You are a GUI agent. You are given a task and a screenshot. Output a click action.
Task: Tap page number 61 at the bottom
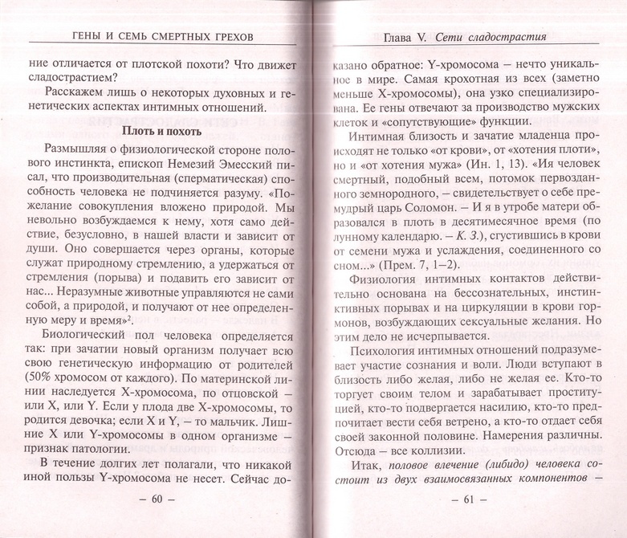pyautogui.click(x=465, y=500)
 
